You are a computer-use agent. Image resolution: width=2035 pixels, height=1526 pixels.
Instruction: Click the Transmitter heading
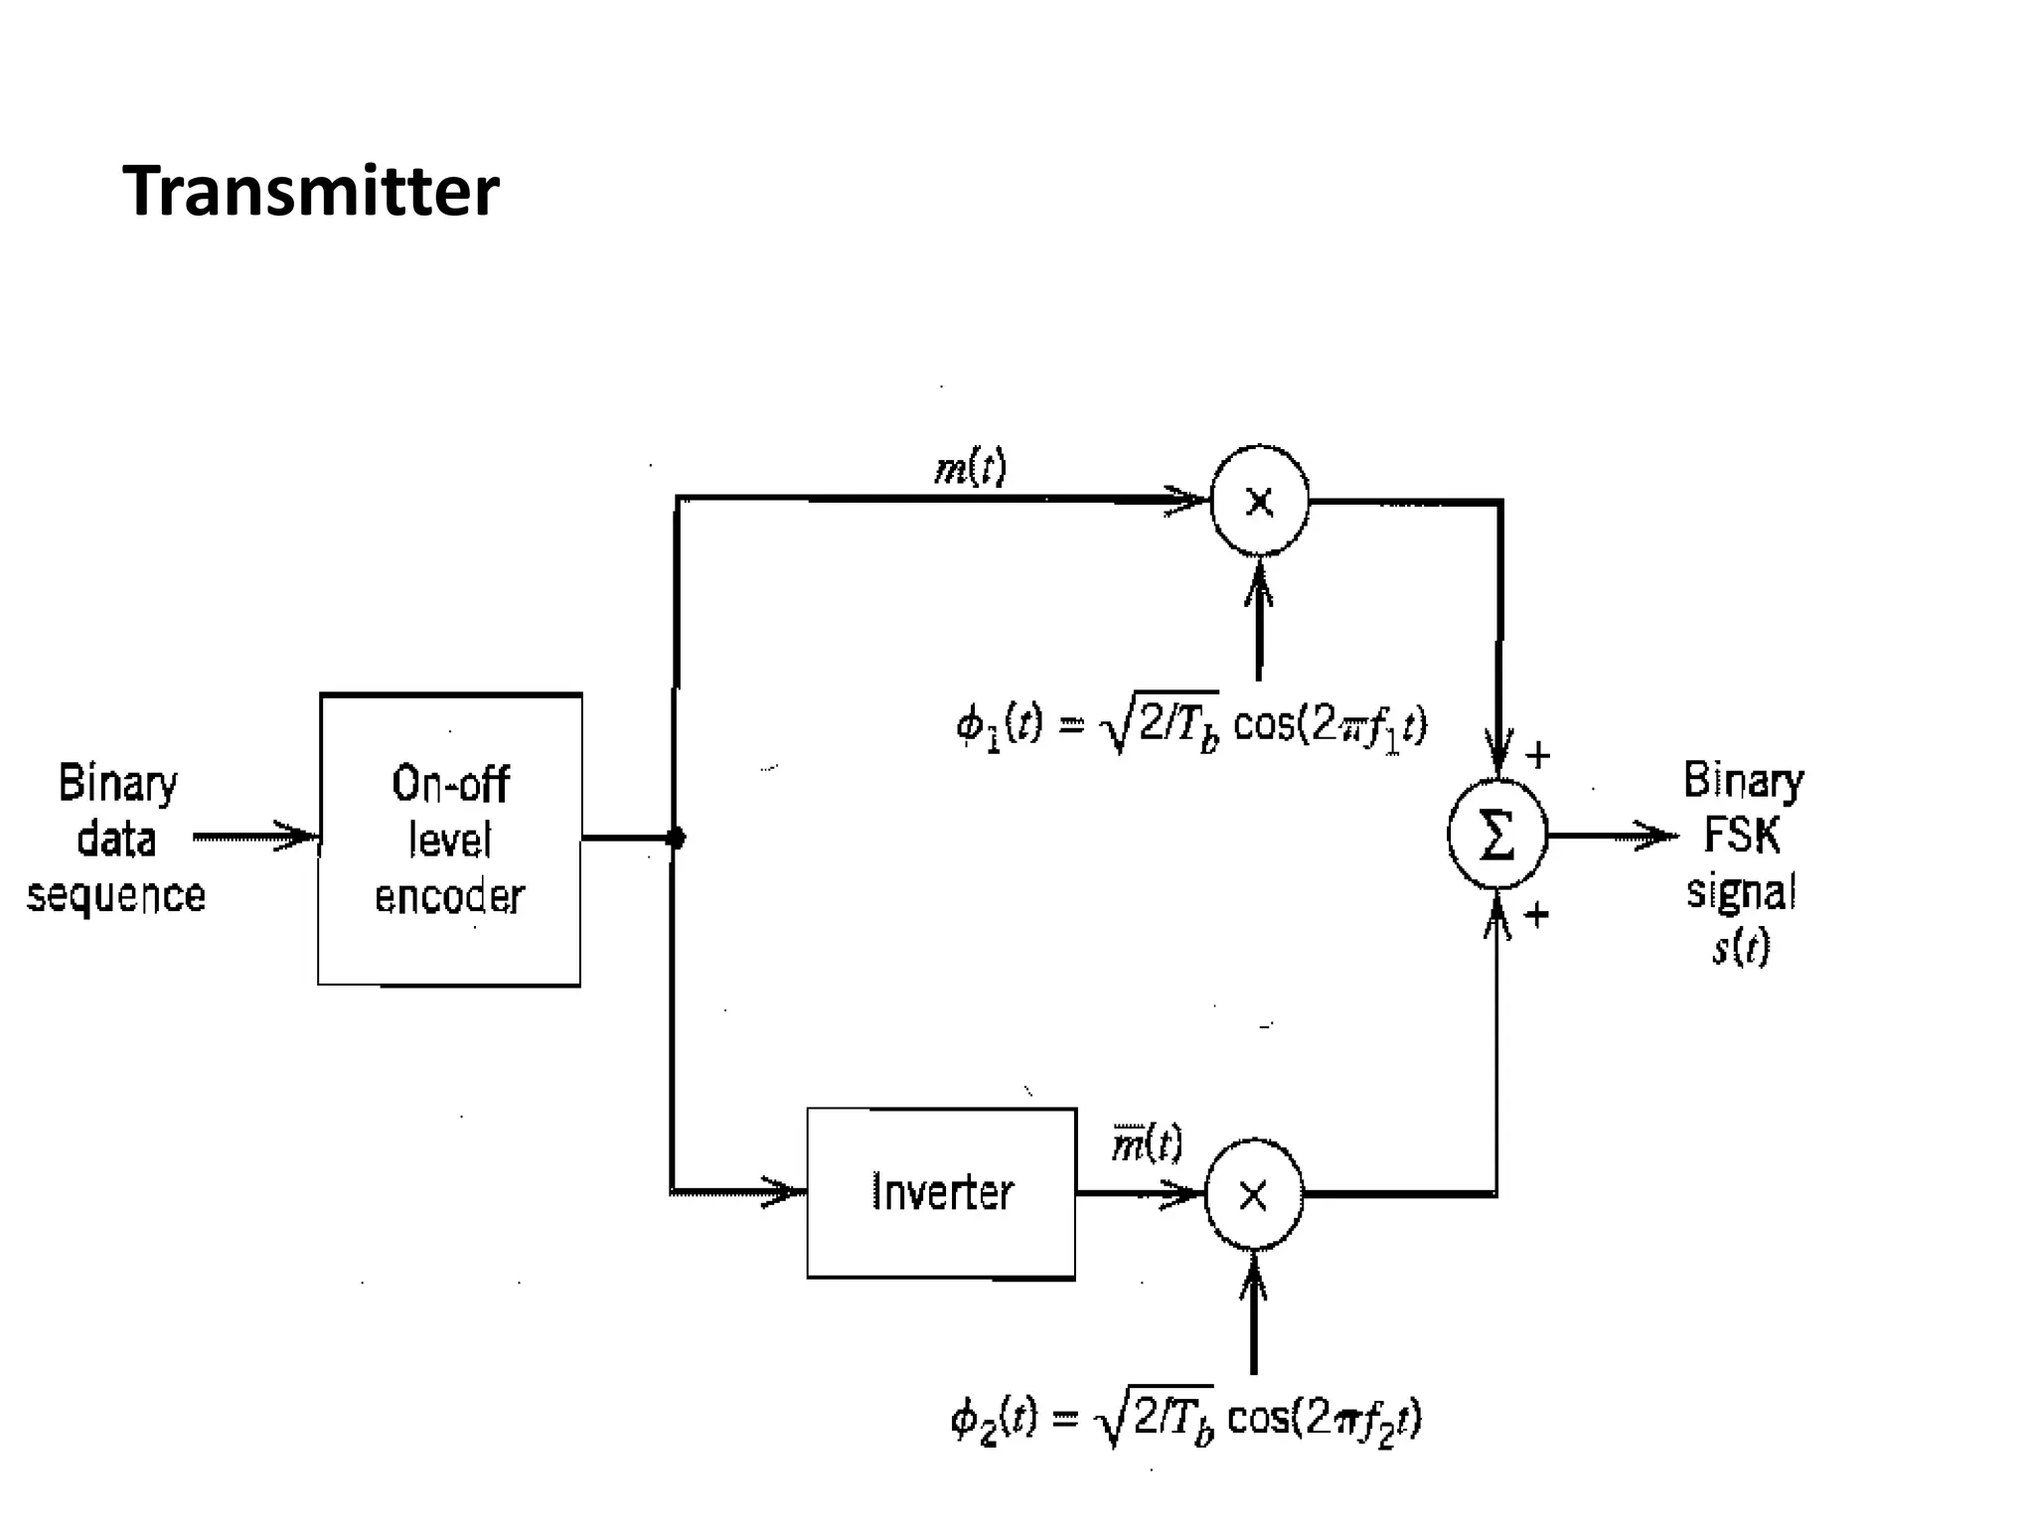[310, 191]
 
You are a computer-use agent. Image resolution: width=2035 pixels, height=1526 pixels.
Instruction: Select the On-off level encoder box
[449, 839]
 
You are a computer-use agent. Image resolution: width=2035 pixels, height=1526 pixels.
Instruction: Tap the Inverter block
[941, 1192]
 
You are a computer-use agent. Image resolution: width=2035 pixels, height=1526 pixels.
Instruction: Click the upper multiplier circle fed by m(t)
[1259, 501]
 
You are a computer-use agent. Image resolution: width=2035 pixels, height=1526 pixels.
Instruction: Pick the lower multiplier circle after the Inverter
[1253, 1195]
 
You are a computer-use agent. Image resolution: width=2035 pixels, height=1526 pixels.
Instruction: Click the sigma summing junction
[1496, 836]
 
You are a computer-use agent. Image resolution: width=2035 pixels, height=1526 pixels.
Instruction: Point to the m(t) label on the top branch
[971, 467]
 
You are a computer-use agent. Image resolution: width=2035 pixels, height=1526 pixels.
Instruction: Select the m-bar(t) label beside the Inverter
[1147, 1144]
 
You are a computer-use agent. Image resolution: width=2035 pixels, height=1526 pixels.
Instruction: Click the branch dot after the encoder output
[676, 839]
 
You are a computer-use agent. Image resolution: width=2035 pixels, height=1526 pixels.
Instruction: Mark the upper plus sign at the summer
[1537, 756]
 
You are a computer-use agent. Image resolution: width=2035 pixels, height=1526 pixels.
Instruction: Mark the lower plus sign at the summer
[1536, 914]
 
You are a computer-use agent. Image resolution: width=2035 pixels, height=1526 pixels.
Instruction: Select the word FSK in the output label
[1741, 835]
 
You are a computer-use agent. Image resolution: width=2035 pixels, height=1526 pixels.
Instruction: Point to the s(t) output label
[1741, 947]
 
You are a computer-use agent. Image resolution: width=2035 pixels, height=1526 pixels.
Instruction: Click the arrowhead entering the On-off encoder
[298, 838]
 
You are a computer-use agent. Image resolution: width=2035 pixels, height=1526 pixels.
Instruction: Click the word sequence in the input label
[115, 896]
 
